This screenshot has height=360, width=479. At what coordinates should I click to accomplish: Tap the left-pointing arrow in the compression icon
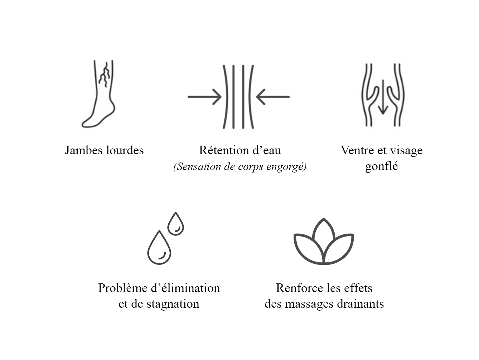pos(273,97)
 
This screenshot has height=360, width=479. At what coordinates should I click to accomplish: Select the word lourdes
pos(124,150)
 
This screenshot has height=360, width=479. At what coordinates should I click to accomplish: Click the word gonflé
pos(381,166)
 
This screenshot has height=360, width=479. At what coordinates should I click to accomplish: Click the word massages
pos(315,304)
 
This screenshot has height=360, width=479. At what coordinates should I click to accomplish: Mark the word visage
pos(406,150)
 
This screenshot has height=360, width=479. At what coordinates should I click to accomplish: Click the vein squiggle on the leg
pos(105,75)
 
